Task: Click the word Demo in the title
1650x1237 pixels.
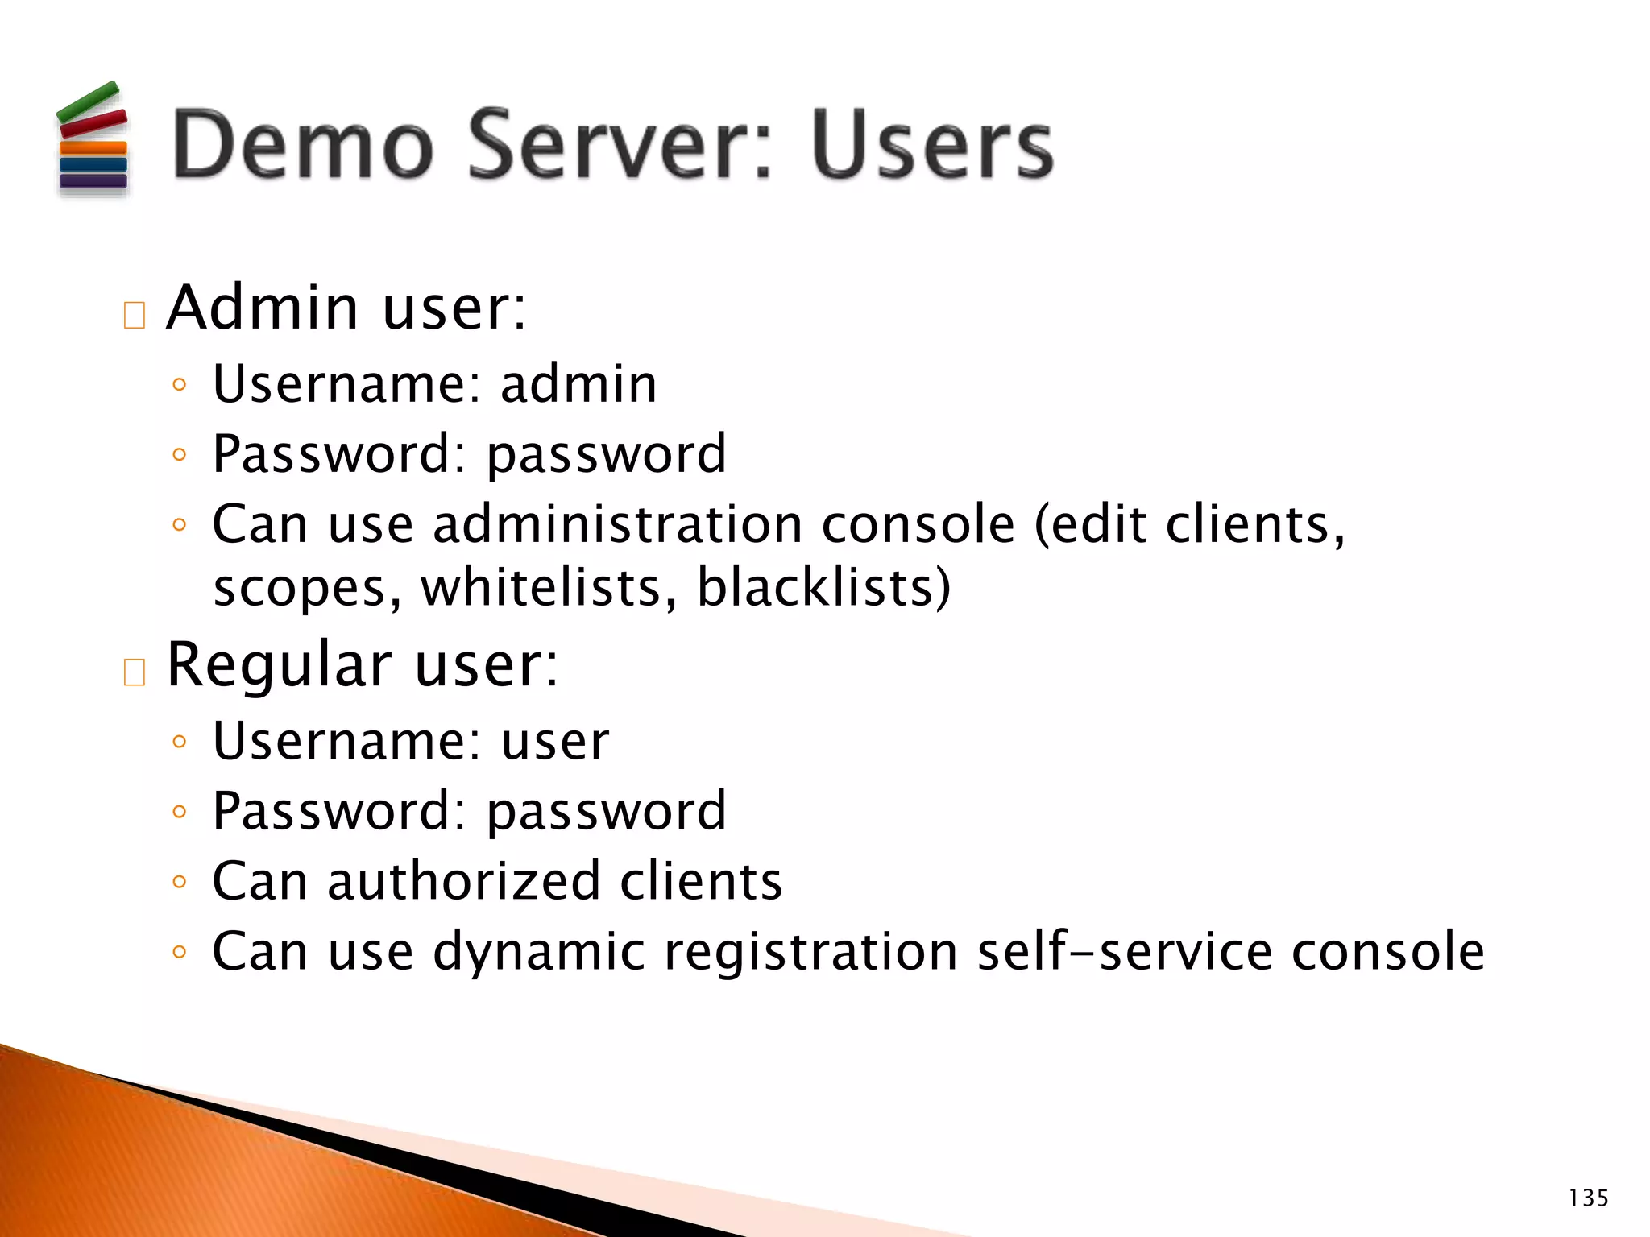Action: click(303, 145)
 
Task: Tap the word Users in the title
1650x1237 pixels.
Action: click(932, 145)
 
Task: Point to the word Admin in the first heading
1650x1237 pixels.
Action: click(263, 308)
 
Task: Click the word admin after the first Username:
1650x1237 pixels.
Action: click(578, 383)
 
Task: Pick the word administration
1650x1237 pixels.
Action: click(618, 524)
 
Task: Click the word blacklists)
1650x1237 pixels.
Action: click(823, 587)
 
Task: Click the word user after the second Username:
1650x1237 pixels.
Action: click(555, 741)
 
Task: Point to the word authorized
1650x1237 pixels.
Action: click(464, 880)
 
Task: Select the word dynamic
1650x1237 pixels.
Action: click(539, 952)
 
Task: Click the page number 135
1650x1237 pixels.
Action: click(1588, 1198)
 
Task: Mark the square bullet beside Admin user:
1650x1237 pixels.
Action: click(135, 315)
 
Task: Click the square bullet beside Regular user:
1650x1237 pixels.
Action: click(135, 672)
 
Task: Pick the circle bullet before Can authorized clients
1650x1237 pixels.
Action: click(180, 882)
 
